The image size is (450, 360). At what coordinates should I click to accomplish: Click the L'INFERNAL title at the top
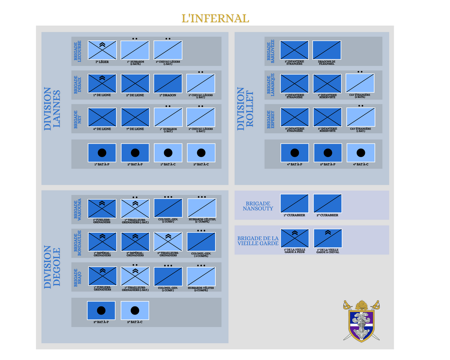215,18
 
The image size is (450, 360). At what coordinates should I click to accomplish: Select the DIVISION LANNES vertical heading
53,109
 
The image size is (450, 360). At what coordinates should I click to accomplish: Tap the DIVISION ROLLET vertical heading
246,109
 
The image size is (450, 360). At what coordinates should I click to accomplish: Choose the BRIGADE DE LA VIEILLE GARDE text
258,241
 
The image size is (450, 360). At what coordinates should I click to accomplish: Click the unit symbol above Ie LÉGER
102,49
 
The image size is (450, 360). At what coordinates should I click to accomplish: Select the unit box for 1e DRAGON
168,83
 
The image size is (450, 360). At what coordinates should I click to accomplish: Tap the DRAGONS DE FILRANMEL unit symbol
327,49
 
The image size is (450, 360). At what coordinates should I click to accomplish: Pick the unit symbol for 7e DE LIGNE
135,117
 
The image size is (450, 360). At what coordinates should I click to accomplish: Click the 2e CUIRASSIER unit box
327,203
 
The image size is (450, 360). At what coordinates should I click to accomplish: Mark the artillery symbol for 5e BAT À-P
328,153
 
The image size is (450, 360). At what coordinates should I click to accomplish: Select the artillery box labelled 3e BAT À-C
135,310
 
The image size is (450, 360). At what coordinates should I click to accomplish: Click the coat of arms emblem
361,321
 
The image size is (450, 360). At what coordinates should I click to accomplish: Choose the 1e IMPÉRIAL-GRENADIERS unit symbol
102,242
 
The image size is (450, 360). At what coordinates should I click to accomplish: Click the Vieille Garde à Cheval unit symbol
327,238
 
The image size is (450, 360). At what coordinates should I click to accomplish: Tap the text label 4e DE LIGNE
102,129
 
